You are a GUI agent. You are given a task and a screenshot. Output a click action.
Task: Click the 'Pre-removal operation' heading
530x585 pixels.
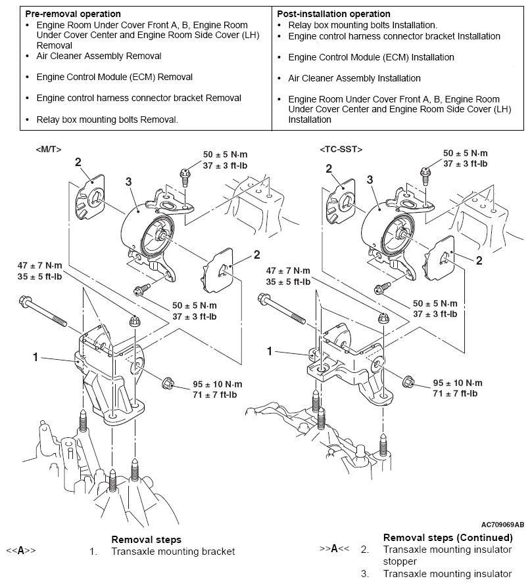pyautogui.click(x=72, y=14)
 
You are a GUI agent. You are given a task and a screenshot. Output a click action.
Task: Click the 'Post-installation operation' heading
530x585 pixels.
pyautogui.click(x=334, y=14)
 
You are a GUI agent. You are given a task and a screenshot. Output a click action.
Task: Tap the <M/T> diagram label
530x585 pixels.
pyautogui.click(x=49, y=149)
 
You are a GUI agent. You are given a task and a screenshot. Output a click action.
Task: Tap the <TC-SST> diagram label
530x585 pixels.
pyautogui.click(x=341, y=149)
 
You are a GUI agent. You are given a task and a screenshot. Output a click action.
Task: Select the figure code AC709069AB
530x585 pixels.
pyautogui.click(x=502, y=525)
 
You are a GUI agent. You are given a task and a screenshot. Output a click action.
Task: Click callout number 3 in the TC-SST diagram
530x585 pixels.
pyautogui.click(x=370, y=179)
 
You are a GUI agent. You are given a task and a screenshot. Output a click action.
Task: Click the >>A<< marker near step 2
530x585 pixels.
pyautogui.click(x=334, y=548)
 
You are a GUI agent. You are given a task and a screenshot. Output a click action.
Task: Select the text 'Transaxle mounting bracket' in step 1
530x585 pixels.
pyautogui.click(x=173, y=552)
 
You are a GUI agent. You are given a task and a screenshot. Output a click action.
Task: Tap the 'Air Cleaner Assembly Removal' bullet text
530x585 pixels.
pyautogui.click(x=99, y=56)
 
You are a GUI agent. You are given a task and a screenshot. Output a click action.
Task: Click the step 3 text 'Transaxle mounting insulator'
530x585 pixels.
pyautogui.click(x=446, y=574)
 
